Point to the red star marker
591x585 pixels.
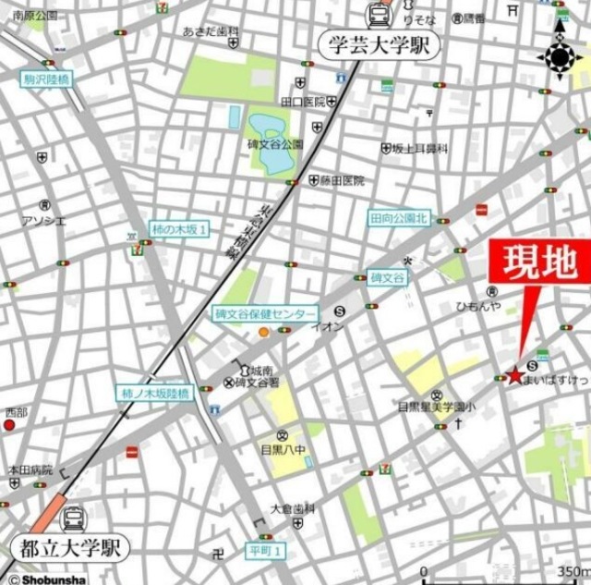[x=514, y=375]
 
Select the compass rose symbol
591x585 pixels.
[x=560, y=57]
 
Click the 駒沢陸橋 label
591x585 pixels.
[x=46, y=79]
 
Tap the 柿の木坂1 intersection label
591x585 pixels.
[x=179, y=228]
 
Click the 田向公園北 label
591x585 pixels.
[x=400, y=218]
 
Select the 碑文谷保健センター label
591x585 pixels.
[x=264, y=313]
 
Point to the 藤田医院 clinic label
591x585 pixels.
[x=343, y=181]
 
